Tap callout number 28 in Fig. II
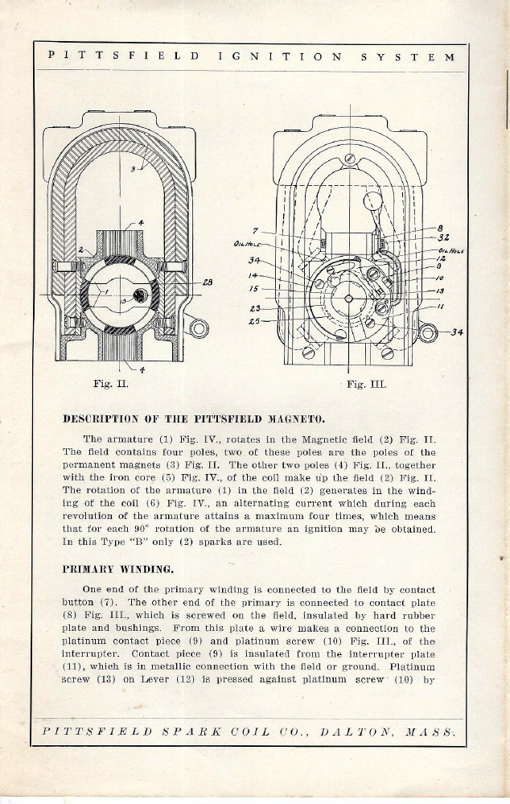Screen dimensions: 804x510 pyautogui.click(x=207, y=282)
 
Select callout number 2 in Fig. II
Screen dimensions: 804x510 pyautogui.click(x=79, y=250)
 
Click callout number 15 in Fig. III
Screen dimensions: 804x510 pyautogui.click(x=253, y=287)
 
